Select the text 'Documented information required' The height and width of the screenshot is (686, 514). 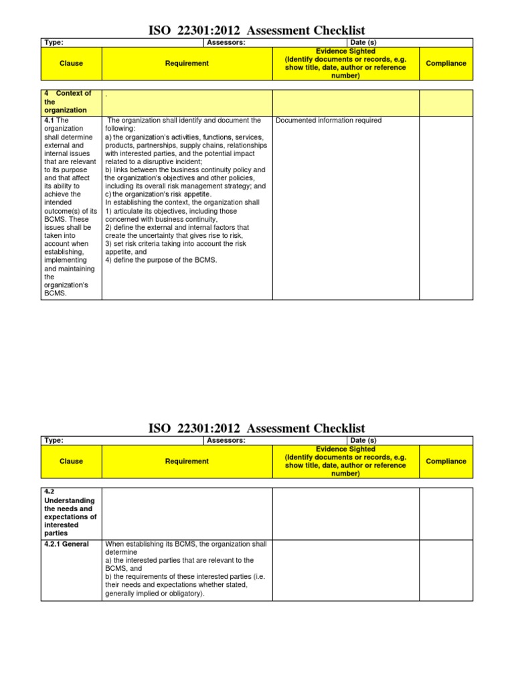(329, 121)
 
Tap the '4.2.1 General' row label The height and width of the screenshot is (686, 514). (67, 544)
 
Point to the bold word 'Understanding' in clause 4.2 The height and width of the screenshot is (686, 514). (70, 500)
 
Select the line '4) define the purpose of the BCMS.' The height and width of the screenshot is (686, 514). (161, 260)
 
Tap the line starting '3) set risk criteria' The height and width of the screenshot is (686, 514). (175, 244)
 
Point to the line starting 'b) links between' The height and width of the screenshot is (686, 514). (185, 170)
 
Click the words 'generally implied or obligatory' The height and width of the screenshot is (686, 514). (154, 594)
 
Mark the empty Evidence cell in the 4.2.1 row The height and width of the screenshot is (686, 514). (346, 569)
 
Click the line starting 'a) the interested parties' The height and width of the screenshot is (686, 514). (179, 560)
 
